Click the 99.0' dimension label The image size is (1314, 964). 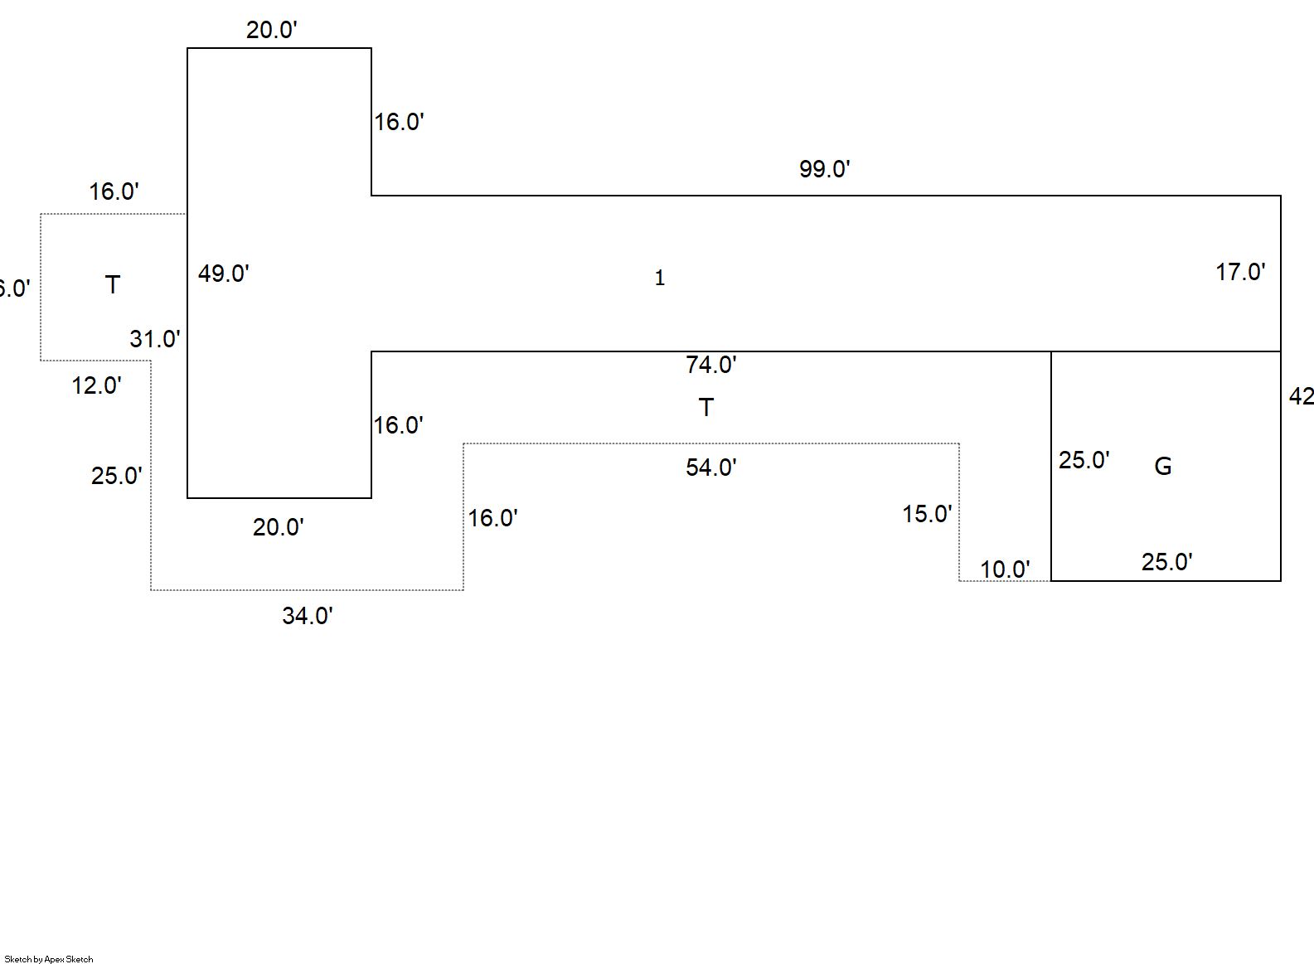824,169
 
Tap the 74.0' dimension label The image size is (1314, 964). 710,365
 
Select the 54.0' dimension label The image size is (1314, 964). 710,467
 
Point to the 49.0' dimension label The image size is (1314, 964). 223,274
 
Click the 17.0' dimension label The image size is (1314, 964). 1239,272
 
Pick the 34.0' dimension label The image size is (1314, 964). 307,616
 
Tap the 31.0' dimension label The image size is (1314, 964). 154,339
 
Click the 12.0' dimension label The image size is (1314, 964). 96,385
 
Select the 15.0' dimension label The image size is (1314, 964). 926,514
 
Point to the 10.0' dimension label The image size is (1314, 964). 1004,569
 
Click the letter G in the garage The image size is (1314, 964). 1162,467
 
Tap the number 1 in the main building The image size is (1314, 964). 659,279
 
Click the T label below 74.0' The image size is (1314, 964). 705,407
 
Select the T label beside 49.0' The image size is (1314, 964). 113,285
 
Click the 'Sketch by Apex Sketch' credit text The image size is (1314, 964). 49,959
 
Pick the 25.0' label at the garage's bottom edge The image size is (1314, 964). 1166,562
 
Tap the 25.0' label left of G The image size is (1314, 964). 1083,460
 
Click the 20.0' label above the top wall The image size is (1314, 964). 271,30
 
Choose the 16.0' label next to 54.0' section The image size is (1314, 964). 492,518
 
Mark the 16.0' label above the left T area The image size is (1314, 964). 114,191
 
